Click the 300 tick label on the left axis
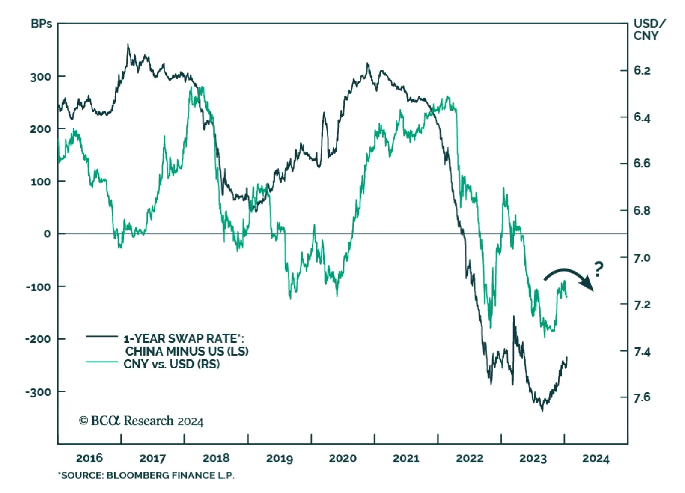(x=40, y=77)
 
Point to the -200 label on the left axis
(x=38, y=339)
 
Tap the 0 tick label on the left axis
(x=47, y=234)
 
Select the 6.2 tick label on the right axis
(x=642, y=71)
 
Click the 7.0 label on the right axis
(x=642, y=258)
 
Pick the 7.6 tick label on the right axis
(x=642, y=398)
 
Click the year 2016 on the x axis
(x=89, y=458)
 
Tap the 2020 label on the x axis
(x=342, y=458)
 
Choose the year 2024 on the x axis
(x=596, y=459)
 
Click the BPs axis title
(x=41, y=24)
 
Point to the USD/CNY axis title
(x=649, y=30)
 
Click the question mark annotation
(x=599, y=269)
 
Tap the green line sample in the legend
(x=101, y=362)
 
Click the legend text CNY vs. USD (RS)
(x=172, y=364)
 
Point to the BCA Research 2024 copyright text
(x=141, y=421)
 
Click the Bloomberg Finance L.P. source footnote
(x=146, y=475)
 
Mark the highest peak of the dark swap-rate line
(x=128, y=44)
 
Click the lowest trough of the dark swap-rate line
(x=542, y=410)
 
